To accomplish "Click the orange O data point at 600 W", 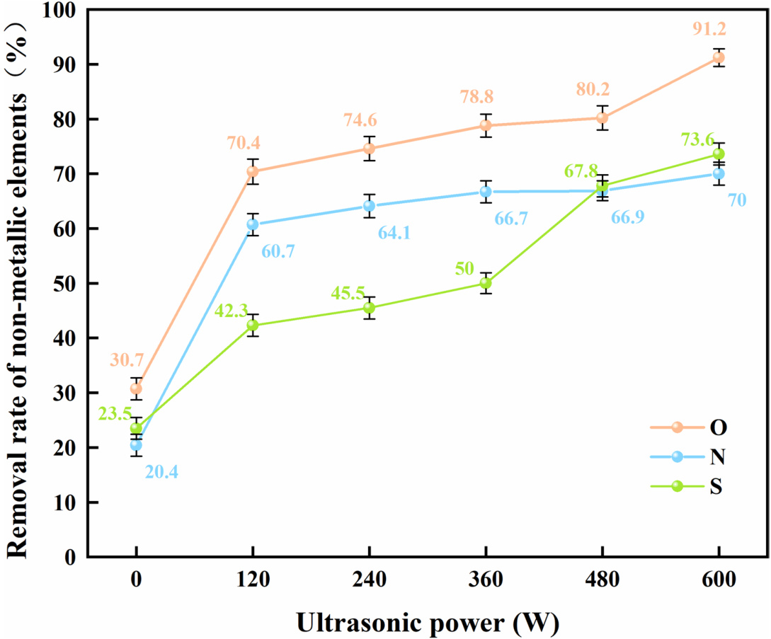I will tap(719, 57).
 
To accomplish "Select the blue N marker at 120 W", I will tap(253, 224).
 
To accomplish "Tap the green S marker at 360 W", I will tap(486, 283).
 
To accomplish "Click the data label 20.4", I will tap(161, 471).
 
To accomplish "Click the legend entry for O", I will tap(697, 427).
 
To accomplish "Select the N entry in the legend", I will tap(697, 456).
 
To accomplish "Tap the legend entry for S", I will tap(697, 487).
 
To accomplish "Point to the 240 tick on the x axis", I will tap(369, 580).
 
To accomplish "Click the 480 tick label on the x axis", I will tap(602, 580).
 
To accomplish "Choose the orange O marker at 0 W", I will tap(136, 388).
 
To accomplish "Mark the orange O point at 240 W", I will tap(369, 149).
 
